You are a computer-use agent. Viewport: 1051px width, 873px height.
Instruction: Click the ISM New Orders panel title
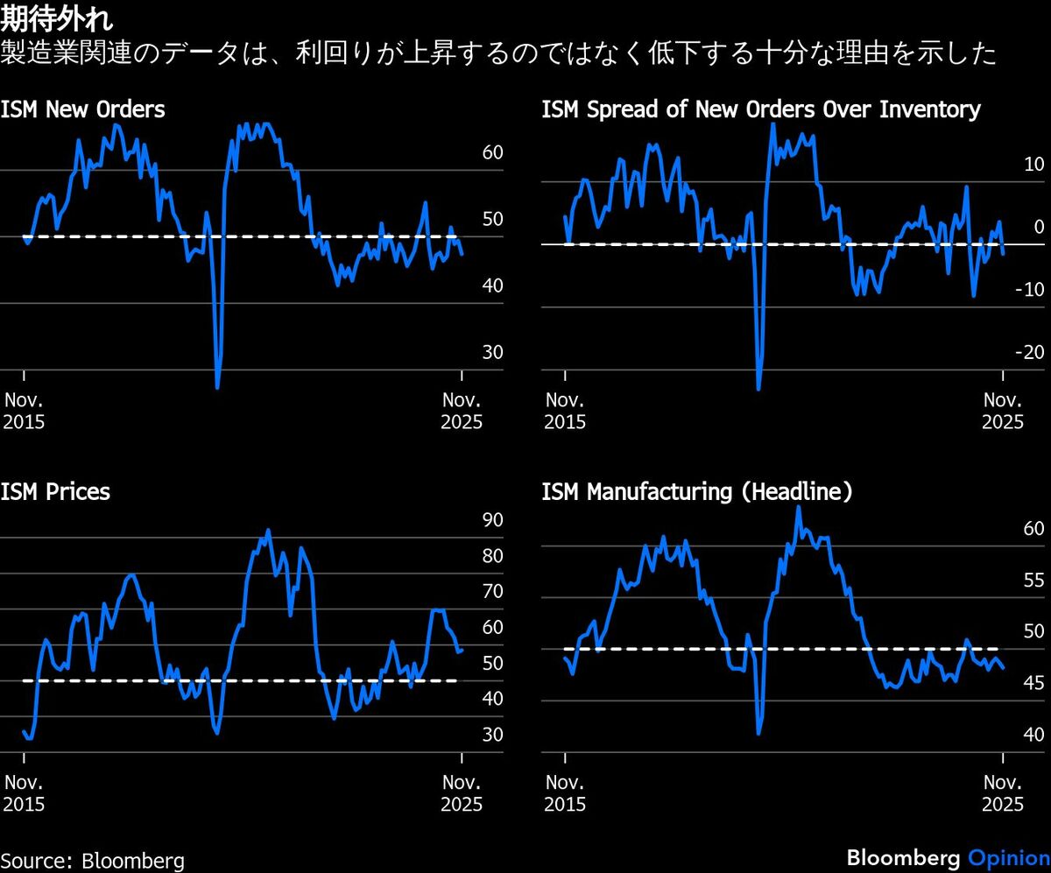[x=82, y=110]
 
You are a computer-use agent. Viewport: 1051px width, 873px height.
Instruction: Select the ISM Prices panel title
[x=55, y=492]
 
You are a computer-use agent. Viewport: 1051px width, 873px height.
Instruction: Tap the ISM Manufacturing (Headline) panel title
[x=696, y=492]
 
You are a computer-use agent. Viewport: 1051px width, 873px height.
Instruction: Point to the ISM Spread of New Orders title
[x=760, y=110]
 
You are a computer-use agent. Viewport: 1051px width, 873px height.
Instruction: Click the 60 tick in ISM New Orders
[x=492, y=153]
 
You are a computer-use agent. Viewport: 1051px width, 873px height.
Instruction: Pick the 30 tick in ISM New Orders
[x=492, y=353]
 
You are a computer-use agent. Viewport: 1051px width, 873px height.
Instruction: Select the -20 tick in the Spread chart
[x=1031, y=353]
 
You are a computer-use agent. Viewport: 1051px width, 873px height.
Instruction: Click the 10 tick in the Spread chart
[x=1034, y=165]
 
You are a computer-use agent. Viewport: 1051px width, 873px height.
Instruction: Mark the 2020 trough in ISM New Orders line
[x=217, y=386]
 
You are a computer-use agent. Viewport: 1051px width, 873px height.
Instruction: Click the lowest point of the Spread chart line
[x=758, y=388]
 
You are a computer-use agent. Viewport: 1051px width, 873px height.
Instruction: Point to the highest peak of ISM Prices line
[x=268, y=530]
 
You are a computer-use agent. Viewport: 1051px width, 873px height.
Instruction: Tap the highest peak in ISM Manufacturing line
[x=798, y=507]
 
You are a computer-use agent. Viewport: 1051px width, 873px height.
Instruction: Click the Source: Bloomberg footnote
[x=93, y=860]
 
